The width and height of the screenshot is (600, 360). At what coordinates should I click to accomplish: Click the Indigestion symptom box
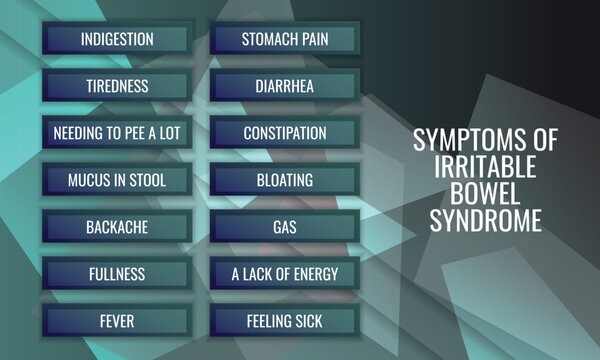tap(117, 40)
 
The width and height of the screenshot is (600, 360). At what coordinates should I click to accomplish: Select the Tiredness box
tap(117, 87)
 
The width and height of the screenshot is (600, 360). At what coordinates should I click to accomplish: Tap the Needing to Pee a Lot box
tap(117, 133)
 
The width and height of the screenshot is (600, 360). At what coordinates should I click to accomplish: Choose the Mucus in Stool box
tap(117, 180)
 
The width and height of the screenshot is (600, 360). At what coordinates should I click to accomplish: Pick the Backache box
tap(117, 227)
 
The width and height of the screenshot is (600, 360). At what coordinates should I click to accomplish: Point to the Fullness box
tap(117, 274)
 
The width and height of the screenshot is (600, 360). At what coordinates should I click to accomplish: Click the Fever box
tap(117, 321)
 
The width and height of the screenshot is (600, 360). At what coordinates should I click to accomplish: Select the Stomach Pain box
tap(285, 40)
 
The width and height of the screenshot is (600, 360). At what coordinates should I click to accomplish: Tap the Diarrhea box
tap(285, 87)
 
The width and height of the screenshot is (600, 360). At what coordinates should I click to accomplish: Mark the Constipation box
tap(285, 133)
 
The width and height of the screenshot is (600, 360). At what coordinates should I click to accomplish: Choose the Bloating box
tap(285, 180)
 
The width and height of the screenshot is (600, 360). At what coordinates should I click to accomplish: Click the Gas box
tap(285, 227)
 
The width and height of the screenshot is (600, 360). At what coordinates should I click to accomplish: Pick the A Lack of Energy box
tap(285, 274)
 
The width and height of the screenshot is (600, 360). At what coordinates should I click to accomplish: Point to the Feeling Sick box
tap(285, 321)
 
